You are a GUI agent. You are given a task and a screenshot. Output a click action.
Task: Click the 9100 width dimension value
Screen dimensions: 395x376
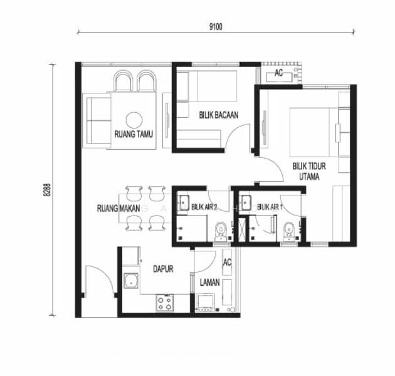(x=216, y=26)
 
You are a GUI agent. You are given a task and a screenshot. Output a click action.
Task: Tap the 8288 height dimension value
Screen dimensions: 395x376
(x=47, y=190)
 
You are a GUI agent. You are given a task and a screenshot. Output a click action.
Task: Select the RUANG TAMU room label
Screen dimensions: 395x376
(x=134, y=134)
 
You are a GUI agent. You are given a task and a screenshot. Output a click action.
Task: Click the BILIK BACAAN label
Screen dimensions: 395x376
(x=218, y=115)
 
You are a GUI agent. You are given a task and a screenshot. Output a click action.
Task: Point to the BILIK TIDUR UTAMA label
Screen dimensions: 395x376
(x=309, y=171)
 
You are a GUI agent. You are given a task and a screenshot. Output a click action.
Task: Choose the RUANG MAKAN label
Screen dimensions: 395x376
(x=118, y=209)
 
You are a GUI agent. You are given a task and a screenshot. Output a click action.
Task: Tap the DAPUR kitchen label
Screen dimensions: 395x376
(x=163, y=269)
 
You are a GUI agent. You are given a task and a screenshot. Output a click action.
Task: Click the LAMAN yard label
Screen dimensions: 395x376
(x=209, y=283)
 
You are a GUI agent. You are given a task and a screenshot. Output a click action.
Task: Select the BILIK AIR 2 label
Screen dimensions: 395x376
(x=204, y=207)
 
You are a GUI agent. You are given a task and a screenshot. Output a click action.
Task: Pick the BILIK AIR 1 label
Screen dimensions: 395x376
(x=270, y=207)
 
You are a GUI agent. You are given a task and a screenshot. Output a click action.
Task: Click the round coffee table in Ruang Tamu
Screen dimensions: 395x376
(x=134, y=120)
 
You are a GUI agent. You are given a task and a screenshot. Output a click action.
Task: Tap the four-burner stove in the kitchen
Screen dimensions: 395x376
(x=165, y=303)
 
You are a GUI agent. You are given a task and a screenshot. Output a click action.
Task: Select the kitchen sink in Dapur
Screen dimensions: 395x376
(x=131, y=281)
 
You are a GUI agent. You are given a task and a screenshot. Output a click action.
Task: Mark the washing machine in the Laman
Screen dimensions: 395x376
(x=205, y=303)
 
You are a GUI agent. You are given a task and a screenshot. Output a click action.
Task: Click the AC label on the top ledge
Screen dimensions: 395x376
(x=278, y=73)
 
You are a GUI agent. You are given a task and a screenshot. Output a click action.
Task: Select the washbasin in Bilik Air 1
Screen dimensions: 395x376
(x=246, y=203)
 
